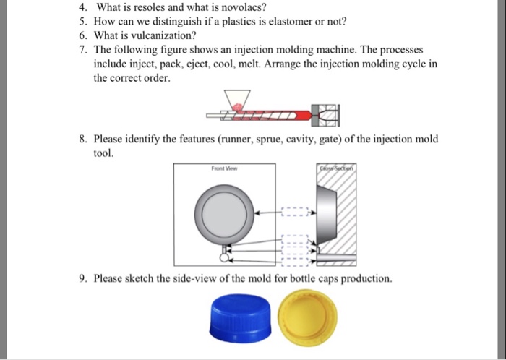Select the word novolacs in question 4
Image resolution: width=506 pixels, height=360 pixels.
click(234, 8)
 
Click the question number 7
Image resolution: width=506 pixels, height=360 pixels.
click(83, 49)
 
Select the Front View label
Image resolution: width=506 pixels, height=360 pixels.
click(223, 168)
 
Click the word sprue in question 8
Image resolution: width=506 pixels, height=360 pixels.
click(281, 138)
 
